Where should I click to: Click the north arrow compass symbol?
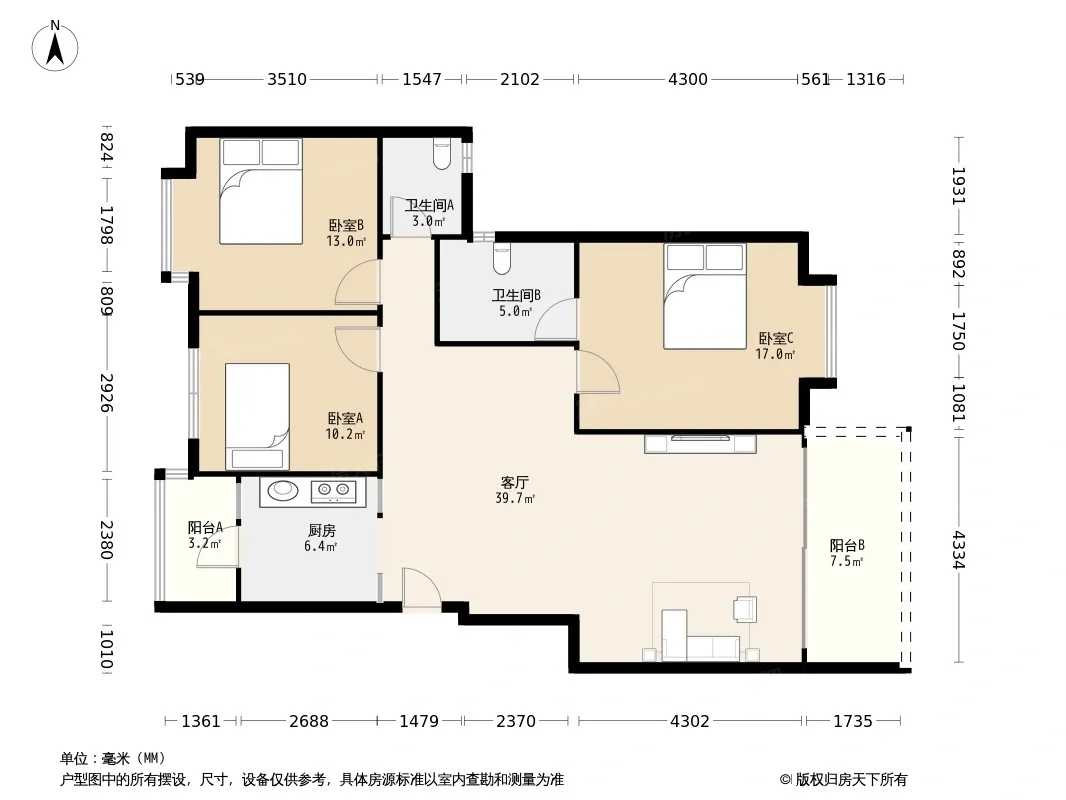55,46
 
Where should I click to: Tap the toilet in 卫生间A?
442,154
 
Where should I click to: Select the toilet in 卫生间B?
502,259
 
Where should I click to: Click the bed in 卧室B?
260,191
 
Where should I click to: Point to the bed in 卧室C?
705,296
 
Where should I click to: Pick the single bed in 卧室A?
257,416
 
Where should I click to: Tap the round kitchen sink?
282,490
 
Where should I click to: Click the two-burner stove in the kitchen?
333,491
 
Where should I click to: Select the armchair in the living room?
745,608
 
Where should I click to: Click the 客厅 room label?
515,483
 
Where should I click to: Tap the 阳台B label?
847,545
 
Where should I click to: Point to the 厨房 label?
322,530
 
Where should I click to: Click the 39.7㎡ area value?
515,498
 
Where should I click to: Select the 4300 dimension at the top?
688,80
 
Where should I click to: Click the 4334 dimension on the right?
959,550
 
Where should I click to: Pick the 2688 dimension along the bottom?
309,720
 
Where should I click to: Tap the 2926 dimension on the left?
107,393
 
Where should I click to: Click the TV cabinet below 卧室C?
700,443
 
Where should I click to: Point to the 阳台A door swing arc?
212,549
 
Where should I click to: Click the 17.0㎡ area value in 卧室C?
775,354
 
